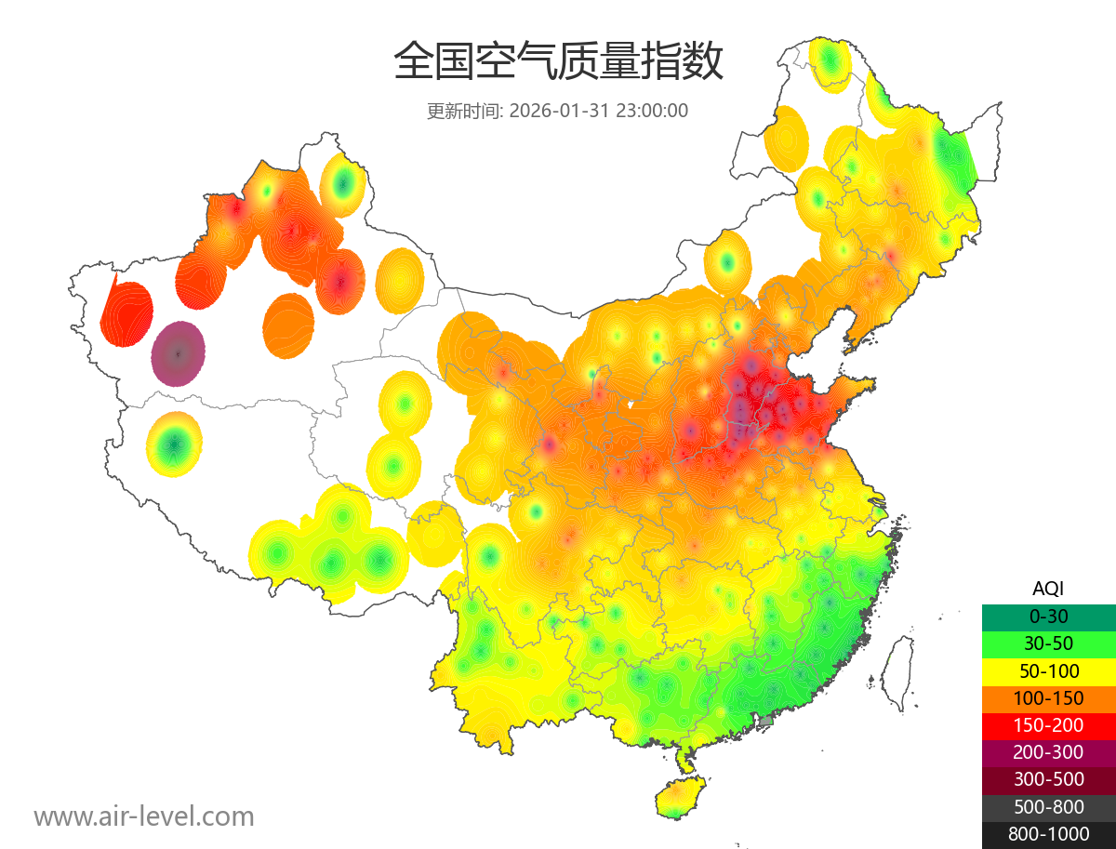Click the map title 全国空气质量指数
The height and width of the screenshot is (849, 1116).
tap(558, 62)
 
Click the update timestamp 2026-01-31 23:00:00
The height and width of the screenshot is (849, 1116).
tap(599, 111)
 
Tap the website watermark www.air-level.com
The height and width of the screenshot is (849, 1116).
tap(144, 816)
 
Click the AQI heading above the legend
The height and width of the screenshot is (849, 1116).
tap(1048, 588)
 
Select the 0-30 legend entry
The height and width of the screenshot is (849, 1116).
tap(1048, 617)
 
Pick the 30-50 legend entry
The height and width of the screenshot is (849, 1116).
tap(1048, 643)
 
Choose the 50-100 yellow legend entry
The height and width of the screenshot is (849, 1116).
tap(1048, 670)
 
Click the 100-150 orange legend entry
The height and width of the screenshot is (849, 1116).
tap(1048, 698)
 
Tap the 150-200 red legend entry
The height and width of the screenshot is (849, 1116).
tap(1048, 725)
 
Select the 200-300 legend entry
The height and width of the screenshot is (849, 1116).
tap(1048, 752)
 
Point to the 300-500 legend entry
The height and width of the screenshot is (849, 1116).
tap(1048, 779)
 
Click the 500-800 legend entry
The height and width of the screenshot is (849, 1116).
tap(1048, 807)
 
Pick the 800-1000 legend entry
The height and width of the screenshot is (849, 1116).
tap(1048, 834)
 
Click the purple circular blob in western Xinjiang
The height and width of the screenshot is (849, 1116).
tap(179, 353)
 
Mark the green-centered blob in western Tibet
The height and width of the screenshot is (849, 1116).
tap(174, 444)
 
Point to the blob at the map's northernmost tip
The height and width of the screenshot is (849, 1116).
tap(830, 63)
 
